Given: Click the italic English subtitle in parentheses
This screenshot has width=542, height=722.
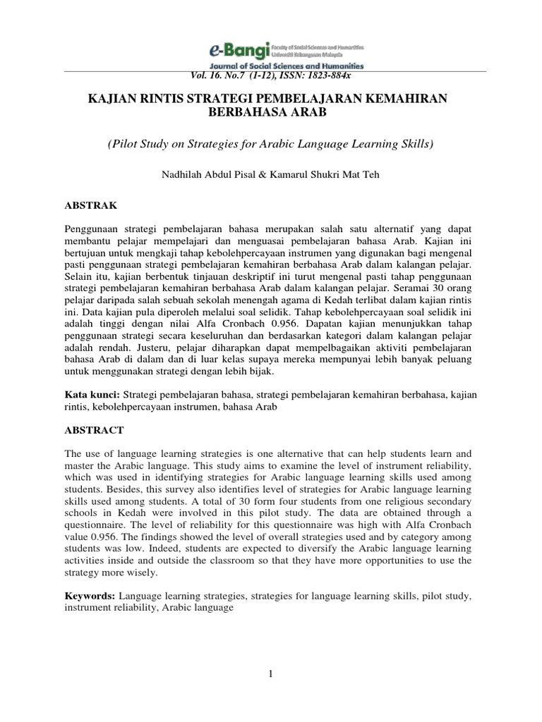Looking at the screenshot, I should click(x=270, y=144).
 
